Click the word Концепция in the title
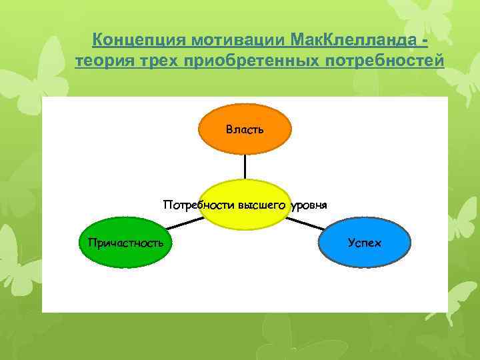138,40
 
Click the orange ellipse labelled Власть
245,129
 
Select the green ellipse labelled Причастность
125,242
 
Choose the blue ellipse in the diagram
365,242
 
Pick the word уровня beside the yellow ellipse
309,205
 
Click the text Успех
365,242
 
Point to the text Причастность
125,242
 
